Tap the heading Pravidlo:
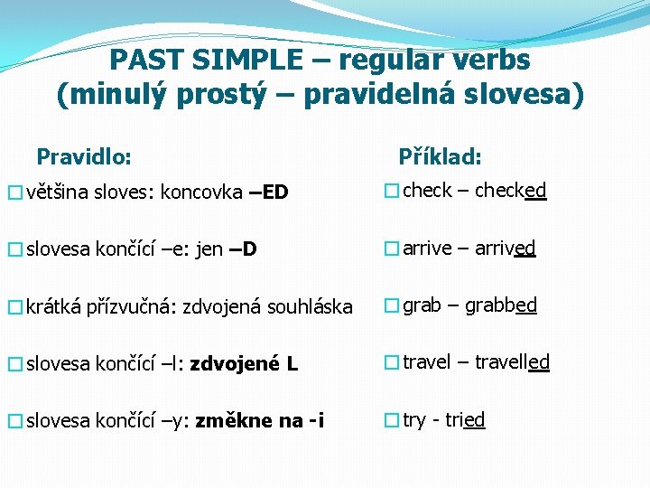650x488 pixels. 84,156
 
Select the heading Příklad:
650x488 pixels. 440,156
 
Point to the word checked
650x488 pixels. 510,191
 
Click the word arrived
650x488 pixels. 506,248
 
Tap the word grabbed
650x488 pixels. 501,305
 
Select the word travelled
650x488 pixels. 512,362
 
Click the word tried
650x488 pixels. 464,420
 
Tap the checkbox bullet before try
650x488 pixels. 390,420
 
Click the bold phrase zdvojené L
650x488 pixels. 244,364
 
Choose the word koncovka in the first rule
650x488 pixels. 201,192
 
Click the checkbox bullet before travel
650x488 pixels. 390,363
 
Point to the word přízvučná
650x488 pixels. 133,307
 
